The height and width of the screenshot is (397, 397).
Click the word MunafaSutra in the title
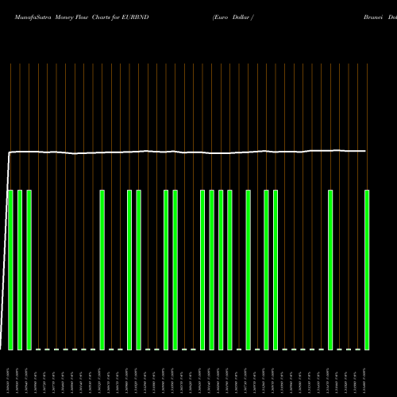25,15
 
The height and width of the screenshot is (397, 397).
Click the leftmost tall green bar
11,270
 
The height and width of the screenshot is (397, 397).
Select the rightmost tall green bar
367,270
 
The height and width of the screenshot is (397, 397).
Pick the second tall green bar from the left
20,270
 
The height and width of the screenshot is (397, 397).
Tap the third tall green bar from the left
29,270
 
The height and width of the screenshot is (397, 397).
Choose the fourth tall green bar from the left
102,270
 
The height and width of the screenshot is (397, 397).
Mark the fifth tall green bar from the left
129,270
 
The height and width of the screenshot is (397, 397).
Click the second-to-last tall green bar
330,270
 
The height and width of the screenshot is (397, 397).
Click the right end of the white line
366,151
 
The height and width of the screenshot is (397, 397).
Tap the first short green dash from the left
38,349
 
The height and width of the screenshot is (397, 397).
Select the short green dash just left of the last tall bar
357,349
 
